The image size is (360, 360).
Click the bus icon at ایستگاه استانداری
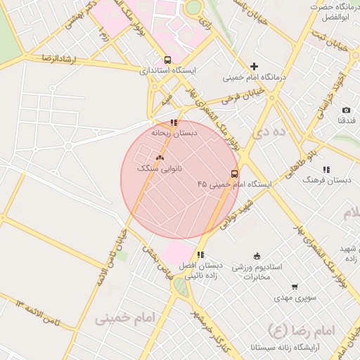point(167,60)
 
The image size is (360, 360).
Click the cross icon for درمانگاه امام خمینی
point(254,66)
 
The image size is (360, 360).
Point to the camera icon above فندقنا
point(346,110)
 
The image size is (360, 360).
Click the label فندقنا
point(346,121)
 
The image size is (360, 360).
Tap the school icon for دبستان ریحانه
point(174,122)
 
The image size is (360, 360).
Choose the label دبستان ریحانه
point(174,132)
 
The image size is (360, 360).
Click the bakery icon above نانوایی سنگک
point(160,158)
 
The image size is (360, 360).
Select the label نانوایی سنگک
point(160,169)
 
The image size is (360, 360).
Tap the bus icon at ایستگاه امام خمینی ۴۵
point(234,174)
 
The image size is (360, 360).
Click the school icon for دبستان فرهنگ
point(326,169)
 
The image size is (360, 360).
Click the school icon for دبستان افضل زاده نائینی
point(200,255)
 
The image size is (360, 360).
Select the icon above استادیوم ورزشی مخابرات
point(257,256)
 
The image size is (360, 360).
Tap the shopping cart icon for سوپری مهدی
point(294,287)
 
